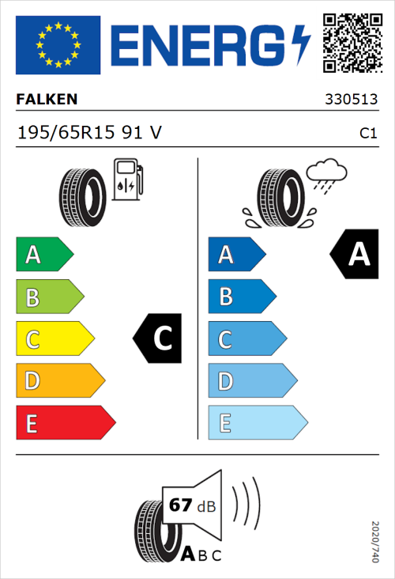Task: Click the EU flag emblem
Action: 58,45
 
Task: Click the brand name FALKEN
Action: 47,100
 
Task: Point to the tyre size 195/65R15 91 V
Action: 89,133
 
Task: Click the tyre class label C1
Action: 368,134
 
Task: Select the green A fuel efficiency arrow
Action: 43,255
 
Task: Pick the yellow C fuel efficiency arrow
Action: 54,339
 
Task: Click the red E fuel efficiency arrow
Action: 65,423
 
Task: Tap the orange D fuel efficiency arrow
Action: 59,381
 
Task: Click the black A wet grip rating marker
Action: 355,255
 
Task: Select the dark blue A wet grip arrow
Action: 235,255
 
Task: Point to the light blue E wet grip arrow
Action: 257,423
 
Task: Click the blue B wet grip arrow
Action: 241,297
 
